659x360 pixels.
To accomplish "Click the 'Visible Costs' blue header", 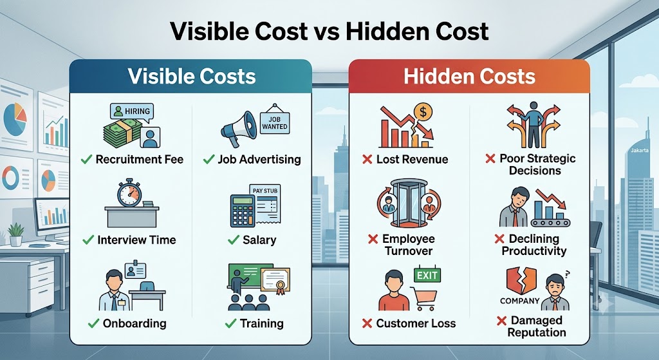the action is coord(190,76).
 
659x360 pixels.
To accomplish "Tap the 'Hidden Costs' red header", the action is coord(469,76).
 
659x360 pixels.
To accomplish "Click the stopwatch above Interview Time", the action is coord(129,193).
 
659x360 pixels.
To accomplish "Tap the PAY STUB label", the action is coord(265,191).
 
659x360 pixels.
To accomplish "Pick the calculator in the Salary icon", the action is coord(243,211).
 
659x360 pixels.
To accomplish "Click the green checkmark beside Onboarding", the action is coord(93,323).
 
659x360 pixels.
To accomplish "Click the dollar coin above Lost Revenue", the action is coord(423,112).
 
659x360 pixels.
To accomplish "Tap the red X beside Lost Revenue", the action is coord(367,160).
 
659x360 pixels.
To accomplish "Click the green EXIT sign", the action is coord(427,276).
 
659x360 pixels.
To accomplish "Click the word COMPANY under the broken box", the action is coord(519,301).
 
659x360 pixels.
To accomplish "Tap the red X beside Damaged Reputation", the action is coord(501,321).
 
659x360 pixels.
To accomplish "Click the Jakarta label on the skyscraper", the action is coord(639,150).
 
